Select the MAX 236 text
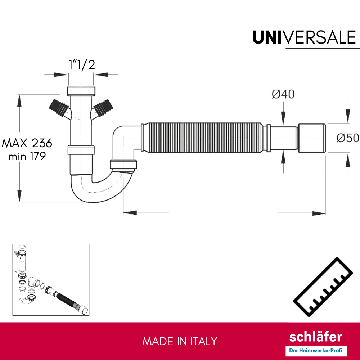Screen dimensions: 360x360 (27, 143)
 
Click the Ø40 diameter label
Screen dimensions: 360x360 (283, 94)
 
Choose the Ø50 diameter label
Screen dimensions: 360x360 (348, 138)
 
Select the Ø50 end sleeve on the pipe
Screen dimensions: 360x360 (312, 138)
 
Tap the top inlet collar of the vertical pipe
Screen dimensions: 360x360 (82, 90)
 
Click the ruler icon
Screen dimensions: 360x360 (322, 288)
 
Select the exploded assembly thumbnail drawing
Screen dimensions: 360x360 (51, 280)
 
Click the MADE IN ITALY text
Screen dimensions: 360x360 (180, 341)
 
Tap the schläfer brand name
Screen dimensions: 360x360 (316, 337)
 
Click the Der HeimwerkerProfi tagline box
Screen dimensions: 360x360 (316, 350)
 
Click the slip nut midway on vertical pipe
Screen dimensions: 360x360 (81, 149)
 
